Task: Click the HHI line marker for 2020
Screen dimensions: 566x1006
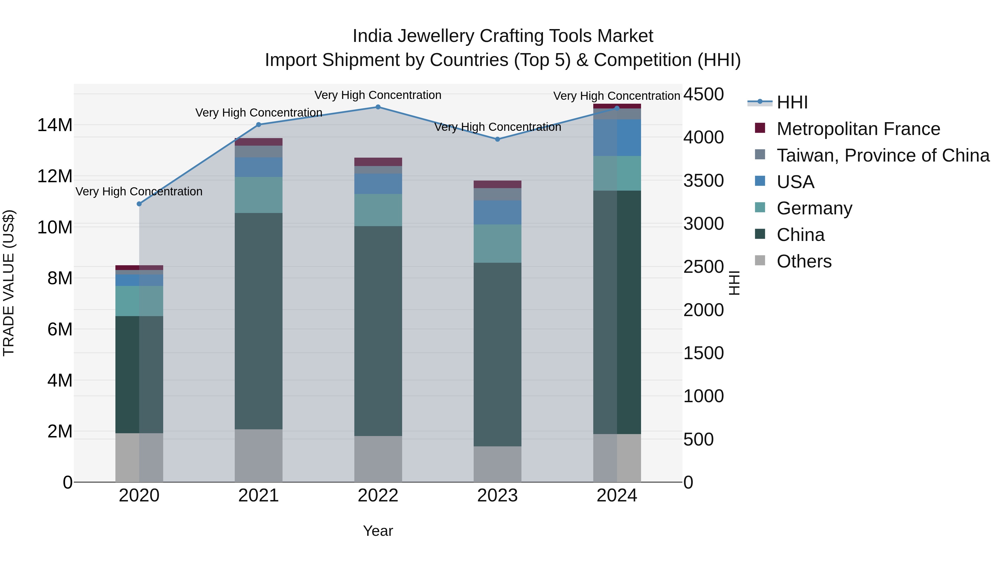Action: click(139, 204)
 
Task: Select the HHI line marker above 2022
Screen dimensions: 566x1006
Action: click(378, 107)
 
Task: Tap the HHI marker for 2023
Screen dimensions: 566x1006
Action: click(497, 139)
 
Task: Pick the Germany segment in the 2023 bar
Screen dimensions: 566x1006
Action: click(497, 243)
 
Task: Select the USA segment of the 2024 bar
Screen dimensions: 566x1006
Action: click(617, 138)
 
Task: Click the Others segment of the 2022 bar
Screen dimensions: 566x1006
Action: click(378, 459)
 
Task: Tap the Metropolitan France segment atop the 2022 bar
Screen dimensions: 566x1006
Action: click(378, 162)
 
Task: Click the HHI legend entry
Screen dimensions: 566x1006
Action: click(792, 102)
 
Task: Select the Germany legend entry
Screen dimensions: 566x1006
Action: click(814, 208)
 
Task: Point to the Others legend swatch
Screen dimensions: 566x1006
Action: click(760, 260)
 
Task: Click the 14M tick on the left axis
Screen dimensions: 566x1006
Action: click(55, 125)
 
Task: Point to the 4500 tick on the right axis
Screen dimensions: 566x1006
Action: click(703, 94)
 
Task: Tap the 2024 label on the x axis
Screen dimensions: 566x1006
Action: click(617, 496)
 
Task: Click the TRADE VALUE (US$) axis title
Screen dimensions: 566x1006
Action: click(9, 283)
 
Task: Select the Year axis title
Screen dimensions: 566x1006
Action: click(378, 531)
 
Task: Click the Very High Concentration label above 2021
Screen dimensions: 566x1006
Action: click(258, 112)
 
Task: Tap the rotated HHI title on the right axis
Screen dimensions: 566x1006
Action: click(734, 283)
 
